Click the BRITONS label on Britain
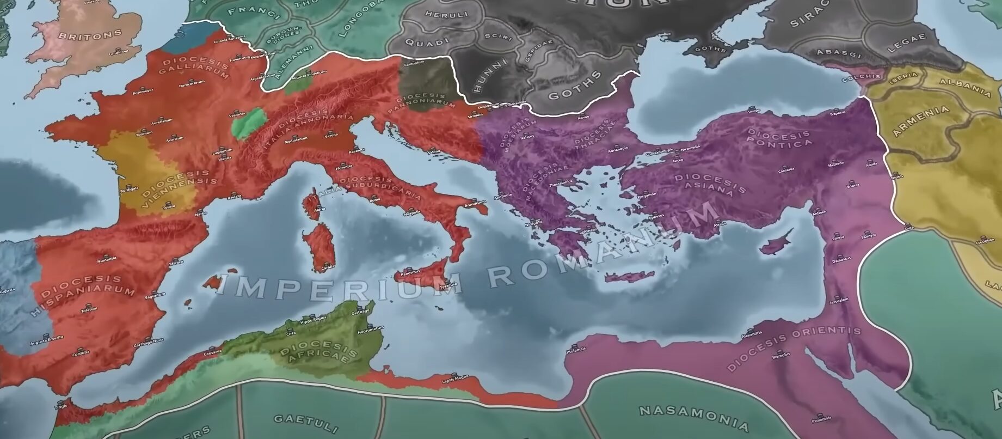click(90, 35)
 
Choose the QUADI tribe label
click(427, 41)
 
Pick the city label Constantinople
click(659, 149)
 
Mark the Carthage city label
click(360, 311)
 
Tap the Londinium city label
click(118, 53)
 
